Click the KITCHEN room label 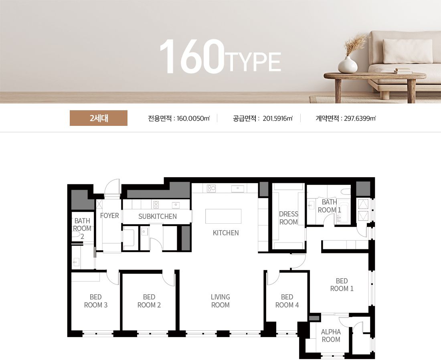point(226,233)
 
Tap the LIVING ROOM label point(220,301)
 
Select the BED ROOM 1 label point(342,285)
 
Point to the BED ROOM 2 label point(149,301)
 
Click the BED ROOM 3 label point(96,301)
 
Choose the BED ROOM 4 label point(287,301)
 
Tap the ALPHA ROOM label point(331,336)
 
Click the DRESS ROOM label point(288,218)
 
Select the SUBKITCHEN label point(158,216)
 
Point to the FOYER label point(109,216)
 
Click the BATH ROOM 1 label point(329,206)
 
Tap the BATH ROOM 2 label point(82,229)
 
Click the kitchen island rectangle point(223,216)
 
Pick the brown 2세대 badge point(99,118)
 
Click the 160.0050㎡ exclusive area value point(193,118)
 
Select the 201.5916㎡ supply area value point(277,118)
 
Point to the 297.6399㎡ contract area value point(360,118)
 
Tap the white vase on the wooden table point(348,65)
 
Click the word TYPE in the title point(255,62)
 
